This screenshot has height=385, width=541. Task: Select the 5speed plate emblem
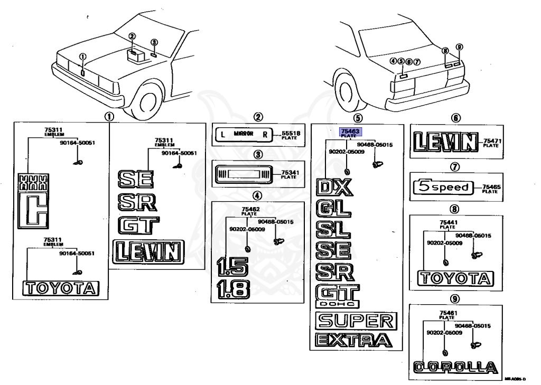tap(443, 187)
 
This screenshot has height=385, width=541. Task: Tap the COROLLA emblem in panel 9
tap(455, 367)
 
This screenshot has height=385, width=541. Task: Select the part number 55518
tap(291, 134)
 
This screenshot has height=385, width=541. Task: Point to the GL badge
tap(333, 209)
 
